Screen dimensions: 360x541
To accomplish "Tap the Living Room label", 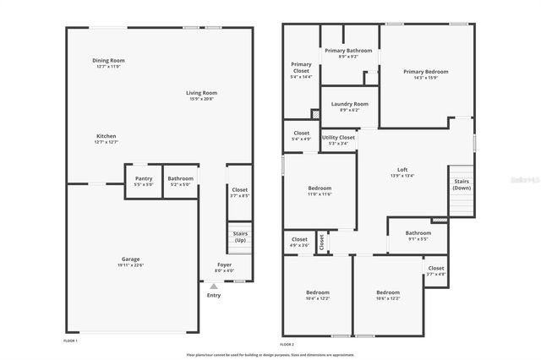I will (x=202, y=93).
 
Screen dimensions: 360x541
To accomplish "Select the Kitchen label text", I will (x=107, y=136).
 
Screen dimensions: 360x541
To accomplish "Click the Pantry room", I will (x=144, y=181).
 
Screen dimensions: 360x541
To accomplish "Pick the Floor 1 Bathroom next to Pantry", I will (x=180, y=181).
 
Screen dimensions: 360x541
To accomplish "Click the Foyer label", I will (x=224, y=265).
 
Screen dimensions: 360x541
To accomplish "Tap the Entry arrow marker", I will (x=213, y=286).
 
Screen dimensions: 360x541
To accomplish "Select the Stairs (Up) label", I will (x=238, y=237).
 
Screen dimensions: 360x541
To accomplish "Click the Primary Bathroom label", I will (x=348, y=51).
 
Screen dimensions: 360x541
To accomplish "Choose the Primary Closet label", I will (x=301, y=68).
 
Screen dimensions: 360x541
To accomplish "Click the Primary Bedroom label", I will (x=425, y=72).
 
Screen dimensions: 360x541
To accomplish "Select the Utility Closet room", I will (x=338, y=139).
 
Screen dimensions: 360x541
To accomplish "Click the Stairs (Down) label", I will (x=462, y=183).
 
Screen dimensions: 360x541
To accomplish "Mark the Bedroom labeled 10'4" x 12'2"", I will (x=317, y=294).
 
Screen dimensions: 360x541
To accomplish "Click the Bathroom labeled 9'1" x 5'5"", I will (x=418, y=235).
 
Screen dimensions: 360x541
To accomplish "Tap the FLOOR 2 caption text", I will (x=287, y=344).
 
